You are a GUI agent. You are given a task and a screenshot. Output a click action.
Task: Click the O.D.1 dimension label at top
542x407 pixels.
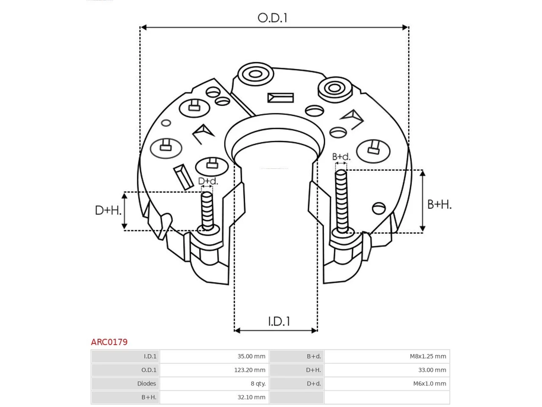[272, 18]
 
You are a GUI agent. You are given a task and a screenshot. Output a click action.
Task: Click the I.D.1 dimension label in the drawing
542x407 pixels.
[279, 321]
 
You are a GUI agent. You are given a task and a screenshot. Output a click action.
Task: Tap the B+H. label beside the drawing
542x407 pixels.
[439, 205]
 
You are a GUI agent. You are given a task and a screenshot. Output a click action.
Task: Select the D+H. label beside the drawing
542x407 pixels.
[108, 210]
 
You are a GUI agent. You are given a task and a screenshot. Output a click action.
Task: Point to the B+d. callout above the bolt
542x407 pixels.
[341, 157]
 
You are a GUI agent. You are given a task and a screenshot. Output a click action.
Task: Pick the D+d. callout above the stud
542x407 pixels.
[208, 181]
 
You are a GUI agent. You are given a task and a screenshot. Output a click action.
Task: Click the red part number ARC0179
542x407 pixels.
[109, 342]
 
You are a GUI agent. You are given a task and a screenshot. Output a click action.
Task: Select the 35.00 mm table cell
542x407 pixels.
[252, 357]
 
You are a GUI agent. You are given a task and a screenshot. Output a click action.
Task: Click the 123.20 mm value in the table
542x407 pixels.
[250, 370]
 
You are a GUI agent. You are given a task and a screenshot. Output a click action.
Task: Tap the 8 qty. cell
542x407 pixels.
[258, 384]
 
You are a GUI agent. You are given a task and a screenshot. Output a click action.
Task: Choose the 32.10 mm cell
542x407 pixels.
[252, 397]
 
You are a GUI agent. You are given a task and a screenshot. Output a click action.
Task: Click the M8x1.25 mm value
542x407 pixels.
[428, 357]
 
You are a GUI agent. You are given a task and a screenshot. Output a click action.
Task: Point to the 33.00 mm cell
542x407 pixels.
[432, 370]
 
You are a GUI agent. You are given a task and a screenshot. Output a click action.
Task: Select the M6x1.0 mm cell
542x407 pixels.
[430, 384]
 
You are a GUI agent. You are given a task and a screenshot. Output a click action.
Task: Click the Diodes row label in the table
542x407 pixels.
[147, 384]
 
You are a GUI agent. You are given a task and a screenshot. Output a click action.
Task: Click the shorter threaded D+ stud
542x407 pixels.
[207, 212]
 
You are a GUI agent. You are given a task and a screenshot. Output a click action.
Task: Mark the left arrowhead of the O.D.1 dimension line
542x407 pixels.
[144, 27]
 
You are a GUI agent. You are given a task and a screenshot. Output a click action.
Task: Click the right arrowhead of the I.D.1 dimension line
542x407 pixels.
[314, 330]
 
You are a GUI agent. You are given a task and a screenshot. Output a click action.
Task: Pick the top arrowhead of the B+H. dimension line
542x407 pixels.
[423, 173]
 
